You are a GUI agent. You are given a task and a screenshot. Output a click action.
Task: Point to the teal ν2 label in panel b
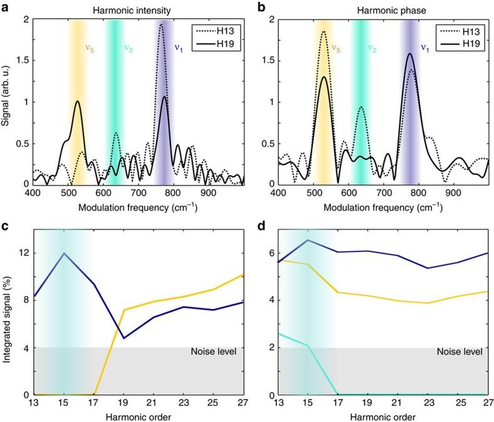[x=372, y=46]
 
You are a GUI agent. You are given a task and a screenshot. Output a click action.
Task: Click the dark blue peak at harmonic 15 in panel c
[x=64, y=253]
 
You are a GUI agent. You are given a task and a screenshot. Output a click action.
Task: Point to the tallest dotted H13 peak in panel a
[x=161, y=25]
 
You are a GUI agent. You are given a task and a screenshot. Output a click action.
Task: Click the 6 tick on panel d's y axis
[x=271, y=253]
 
